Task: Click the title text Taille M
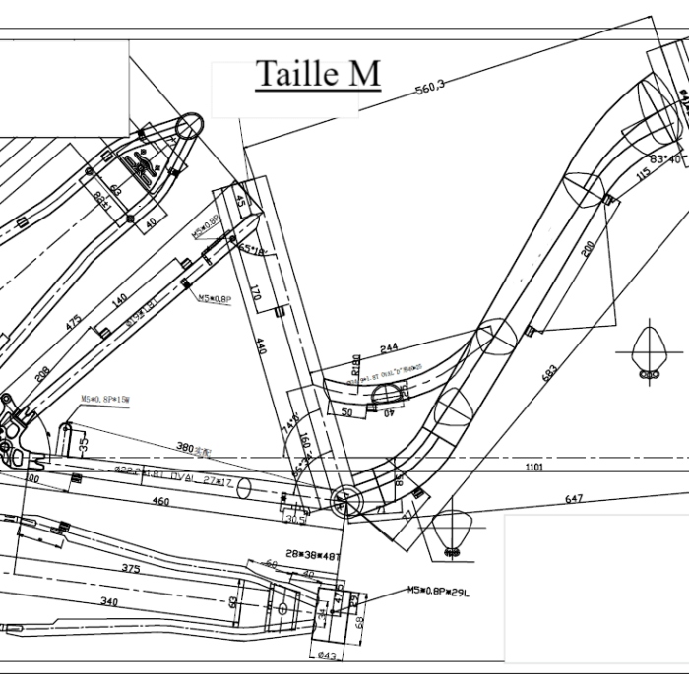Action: tap(317, 74)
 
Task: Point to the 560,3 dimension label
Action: tap(430, 87)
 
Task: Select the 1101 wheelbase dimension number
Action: tap(533, 468)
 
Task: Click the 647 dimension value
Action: tap(574, 500)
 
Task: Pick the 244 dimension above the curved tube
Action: tap(388, 347)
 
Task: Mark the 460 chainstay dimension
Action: tap(159, 502)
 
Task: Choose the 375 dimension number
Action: tap(130, 568)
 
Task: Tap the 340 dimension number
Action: tap(109, 601)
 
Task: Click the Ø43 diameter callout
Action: tap(326, 656)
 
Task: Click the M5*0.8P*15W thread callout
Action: tap(105, 400)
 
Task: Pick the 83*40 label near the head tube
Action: tap(665, 157)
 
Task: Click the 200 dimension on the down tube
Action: tap(589, 250)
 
